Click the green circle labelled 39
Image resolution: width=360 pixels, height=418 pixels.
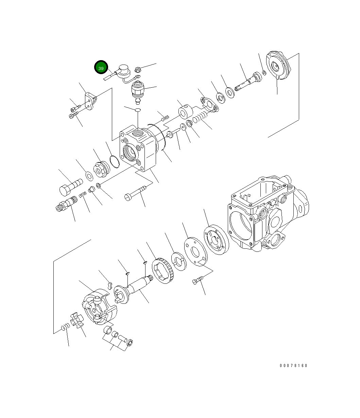(x=101, y=68)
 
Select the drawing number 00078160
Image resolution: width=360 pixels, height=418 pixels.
(x=293, y=366)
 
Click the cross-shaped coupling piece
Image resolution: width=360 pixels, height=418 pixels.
(x=77, y=321)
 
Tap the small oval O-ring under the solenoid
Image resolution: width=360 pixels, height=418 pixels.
(x=137, y=110)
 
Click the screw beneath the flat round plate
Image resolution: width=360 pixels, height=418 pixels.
(x=197, y=280)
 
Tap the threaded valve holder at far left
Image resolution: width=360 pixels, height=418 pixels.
(x=66, y=205)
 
